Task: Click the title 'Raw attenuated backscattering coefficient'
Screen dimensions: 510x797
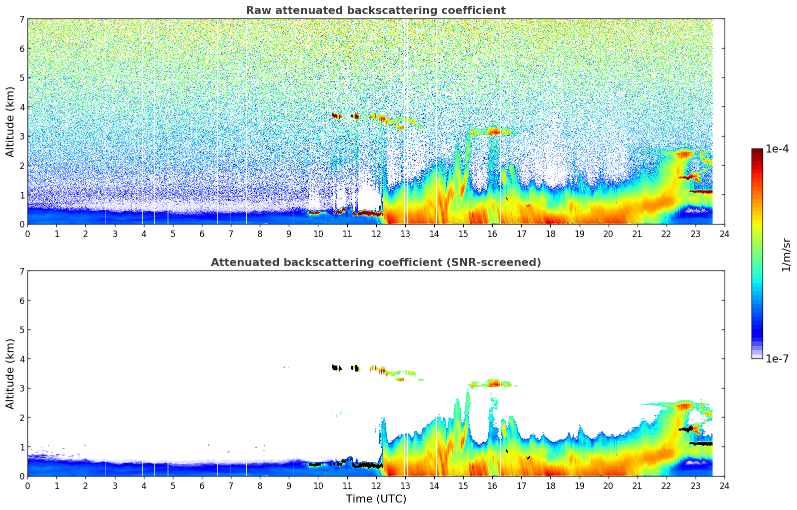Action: (x=375, y=10)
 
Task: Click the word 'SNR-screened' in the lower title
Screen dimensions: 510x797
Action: (x=501, y=262)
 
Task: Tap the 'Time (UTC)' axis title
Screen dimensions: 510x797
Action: (x=376, y=498)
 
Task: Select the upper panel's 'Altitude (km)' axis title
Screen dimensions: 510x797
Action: (x=10, y=121)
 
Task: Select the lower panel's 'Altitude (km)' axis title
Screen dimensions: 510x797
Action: (x=10, y=373)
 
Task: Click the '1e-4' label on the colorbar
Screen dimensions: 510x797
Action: (x=777, y=149)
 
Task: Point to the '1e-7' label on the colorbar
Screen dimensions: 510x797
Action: (x=777, y=358)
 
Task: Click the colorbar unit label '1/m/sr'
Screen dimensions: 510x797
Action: (x=786, y=254)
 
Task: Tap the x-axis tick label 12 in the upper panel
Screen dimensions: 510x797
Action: (x=376, y=233)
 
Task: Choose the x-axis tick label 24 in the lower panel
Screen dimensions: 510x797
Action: (x=724, y=485)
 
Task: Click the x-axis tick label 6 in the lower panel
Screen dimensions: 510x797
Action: (x=202, y=485)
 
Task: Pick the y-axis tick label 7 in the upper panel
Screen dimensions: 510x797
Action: (x=22, y=19)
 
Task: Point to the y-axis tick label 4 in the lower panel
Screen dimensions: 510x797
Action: (x=22, y=359)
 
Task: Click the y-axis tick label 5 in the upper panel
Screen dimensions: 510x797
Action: (x=22, y=77)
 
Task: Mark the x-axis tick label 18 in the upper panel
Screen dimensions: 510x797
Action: (x=550, y=233)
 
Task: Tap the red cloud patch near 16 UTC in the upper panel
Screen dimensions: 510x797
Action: (x=494, y=132)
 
